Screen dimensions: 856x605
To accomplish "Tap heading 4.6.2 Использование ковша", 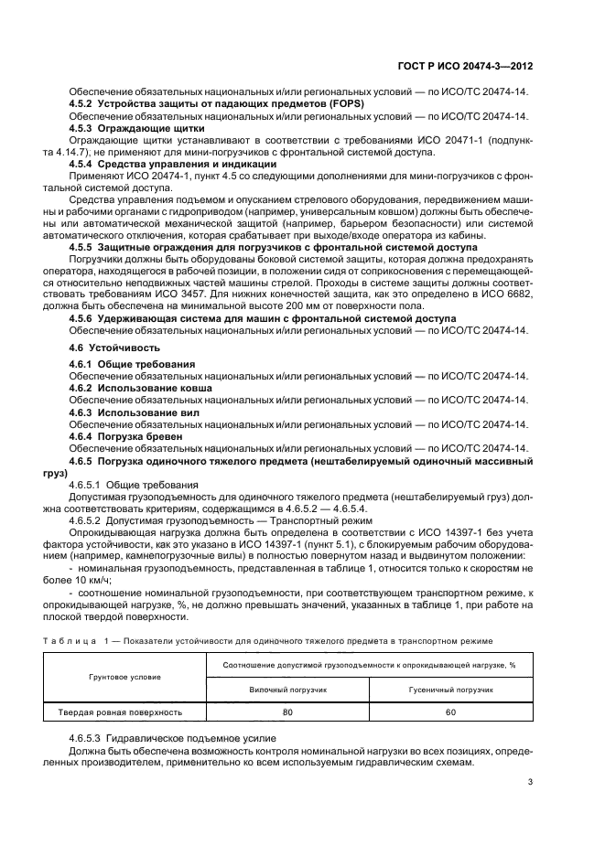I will click(x=141, y=388).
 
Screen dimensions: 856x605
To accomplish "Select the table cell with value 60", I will click(x=449, y=711).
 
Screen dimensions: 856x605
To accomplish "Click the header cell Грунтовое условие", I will click(x=124, y=676).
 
